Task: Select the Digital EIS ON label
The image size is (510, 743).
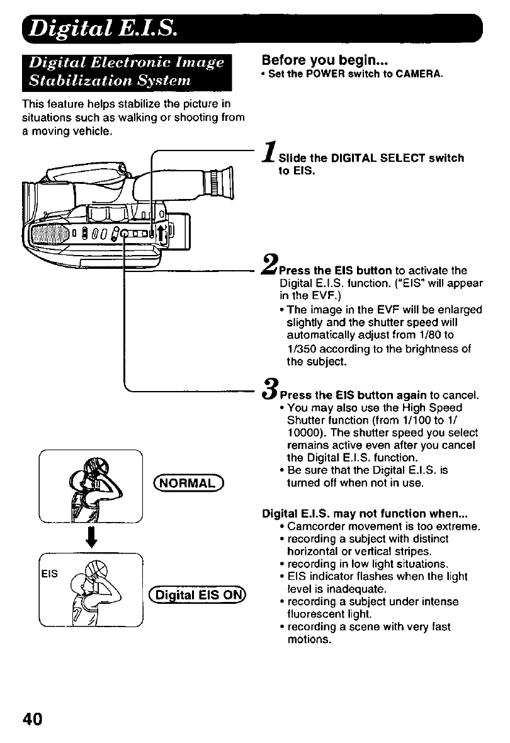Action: click(x=197, y=596)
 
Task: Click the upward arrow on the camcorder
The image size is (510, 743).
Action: click(x=162, y=234)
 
